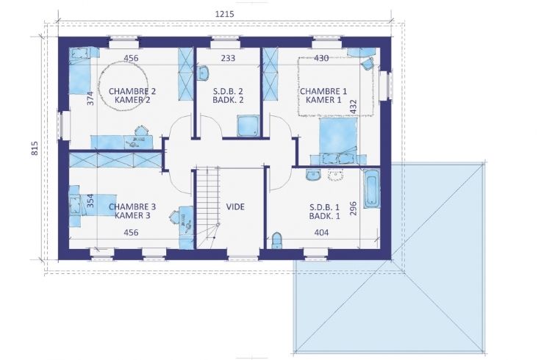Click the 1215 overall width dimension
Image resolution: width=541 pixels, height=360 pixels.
click(x=224, y=14)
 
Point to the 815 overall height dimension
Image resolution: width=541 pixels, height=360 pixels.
click(x=35, y=148)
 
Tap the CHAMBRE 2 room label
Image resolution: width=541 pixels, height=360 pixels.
click(x=132, y=91)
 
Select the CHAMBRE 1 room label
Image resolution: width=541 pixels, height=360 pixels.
click(x=323, y=91)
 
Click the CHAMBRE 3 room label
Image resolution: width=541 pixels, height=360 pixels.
click(x=132, y=207)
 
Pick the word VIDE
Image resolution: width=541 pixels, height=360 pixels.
click(x=235, y=207)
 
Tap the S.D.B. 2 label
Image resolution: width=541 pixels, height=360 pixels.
click(x=228, y=91)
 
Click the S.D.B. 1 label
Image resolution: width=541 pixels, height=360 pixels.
click(x=324, y=207)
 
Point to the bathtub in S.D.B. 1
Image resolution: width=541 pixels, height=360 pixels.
click(x=372, y=188)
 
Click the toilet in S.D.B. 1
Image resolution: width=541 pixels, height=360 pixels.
click(x=276, y=240)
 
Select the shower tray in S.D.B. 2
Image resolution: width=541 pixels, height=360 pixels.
click(x=248, y=126)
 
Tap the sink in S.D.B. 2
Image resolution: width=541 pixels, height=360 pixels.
click(x=203, y=73)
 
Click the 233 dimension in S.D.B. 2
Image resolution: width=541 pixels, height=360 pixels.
click(x=228, y=58)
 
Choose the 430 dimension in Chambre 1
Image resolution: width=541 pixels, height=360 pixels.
click(x=321, y=58)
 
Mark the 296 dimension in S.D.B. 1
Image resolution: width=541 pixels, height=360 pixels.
click(x=353, y=209)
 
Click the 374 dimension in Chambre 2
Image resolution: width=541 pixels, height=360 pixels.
click(x=90, y=98)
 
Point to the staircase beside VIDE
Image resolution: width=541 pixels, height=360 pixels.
click(x=208, y=207)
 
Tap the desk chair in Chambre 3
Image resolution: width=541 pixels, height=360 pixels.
click(x=174, y=217)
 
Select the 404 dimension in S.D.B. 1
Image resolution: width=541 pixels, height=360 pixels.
click(x=321, y=233)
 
